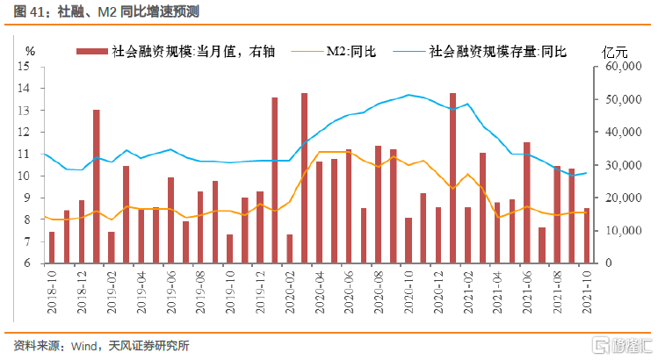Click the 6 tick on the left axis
27,263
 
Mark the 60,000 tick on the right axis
621,67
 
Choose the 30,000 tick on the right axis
621,165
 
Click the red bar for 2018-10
52,248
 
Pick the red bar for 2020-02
290,248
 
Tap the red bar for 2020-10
409,241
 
